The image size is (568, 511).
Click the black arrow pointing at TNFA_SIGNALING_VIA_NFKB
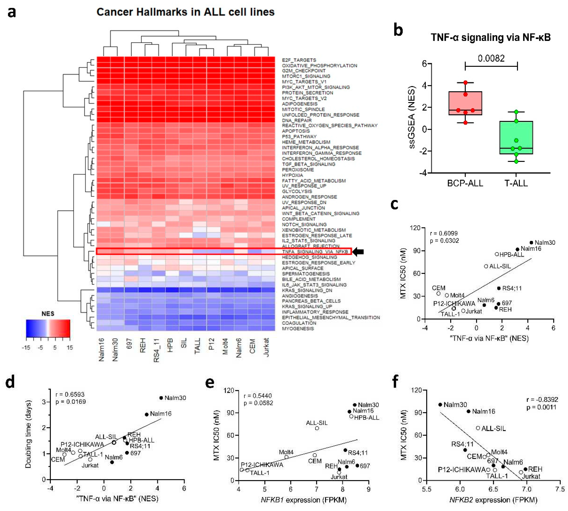pyautogui.click(x=358, y=252)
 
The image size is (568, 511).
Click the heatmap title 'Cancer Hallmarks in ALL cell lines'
pyautogui.click(x=185, y=12)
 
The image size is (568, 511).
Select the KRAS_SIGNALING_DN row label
pyautogui.click(x=307, y=290)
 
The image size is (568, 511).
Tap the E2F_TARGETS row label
pyautogui.click(x=299, y=60)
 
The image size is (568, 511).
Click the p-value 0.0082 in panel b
pyautogui.click(x=491, y=58)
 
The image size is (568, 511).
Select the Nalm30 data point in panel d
pyautogui.click(x=161, y=398)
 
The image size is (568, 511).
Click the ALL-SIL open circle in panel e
pyautogui.click(x=317, y=428)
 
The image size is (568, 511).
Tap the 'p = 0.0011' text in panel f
pyautogui.click(x=542, y=407)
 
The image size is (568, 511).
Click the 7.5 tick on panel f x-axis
pyautogui.click(x=560, y=489)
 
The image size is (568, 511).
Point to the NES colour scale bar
pyautogui.click(x=48, y=328)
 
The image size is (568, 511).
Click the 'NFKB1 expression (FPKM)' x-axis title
pyautogui.click(x=303, y=500)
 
